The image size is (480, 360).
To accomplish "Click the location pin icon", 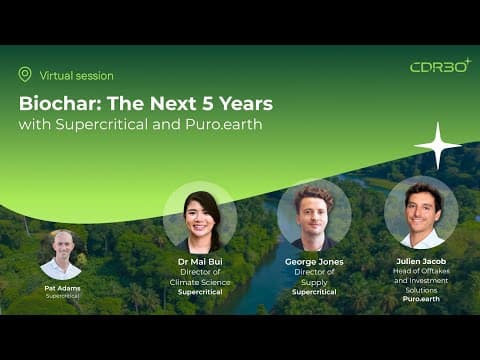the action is point(25,74).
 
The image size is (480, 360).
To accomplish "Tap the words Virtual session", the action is point(77,76).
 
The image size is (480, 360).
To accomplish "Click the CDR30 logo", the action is point(440,65).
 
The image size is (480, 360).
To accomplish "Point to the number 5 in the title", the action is point(208,103).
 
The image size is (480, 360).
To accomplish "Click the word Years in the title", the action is point(246,103).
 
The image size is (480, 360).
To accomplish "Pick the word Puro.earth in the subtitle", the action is point(224,124).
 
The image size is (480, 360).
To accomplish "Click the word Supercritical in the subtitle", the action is point(102,125).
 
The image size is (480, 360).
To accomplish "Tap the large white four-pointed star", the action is point(438,146).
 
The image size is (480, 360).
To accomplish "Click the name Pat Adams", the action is point(62,288).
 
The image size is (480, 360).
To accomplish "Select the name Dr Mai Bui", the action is point(200,262).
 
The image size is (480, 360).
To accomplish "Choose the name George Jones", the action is point(314,262).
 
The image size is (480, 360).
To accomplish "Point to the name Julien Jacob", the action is point(421,261).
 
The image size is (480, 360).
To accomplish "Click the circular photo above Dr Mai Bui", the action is point(200,218).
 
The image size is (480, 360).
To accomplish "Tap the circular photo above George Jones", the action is point(314,215).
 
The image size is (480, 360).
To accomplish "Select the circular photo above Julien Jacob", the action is point(421,212).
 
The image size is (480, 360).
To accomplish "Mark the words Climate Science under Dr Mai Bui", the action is point(200,282).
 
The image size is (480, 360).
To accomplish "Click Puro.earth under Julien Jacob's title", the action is point(421,299).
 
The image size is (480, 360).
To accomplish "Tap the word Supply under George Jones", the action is point(314,283).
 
